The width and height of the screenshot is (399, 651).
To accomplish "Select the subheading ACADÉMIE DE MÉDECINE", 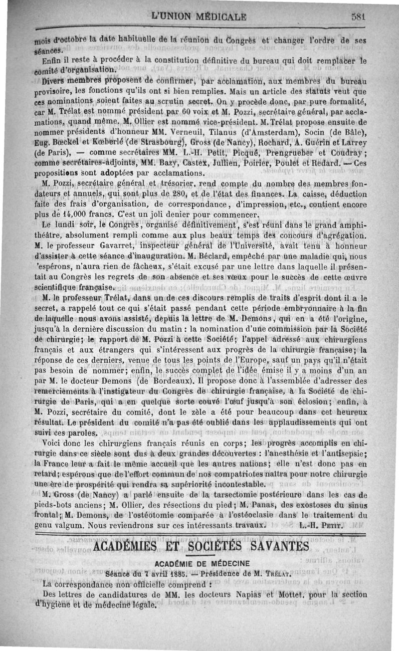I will (x=201, y=564).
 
